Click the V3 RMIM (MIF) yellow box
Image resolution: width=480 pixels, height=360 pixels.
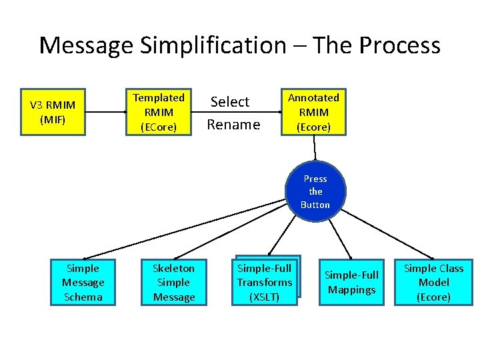click(x=53, y=112)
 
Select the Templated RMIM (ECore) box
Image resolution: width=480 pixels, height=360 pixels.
click(x=159, y=112)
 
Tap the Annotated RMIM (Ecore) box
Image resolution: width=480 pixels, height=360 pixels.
click(x=313, y=112)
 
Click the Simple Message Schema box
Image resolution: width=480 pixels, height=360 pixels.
click(x=83, y=282)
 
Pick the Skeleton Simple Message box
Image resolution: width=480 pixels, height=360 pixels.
click(x=173, y=282)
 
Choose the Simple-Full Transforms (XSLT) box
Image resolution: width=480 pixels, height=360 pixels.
click(x=265, y=283)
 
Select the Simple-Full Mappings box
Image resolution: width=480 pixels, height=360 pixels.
click(x=351, y=282)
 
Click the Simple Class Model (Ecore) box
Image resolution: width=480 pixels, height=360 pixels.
click(x=433, y=282)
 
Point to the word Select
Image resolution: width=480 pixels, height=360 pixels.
click(x=229, y=102)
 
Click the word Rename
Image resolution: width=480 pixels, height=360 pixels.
click(x=233, y=125)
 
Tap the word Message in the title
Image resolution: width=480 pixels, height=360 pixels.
click(x=86, y=45)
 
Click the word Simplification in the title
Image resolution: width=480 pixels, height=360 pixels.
click(x=213, y=45)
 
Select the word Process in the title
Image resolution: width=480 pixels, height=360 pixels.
click(x=399, y=45)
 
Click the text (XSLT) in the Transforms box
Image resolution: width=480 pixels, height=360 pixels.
click(x=265, y=297)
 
